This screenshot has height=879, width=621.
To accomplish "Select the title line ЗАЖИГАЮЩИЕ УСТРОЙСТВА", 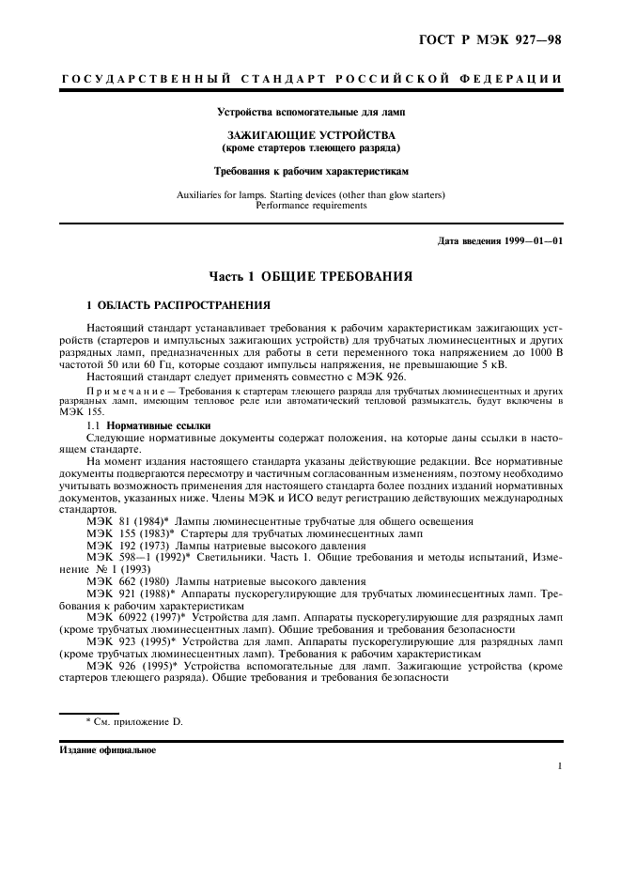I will (x=310, y=135).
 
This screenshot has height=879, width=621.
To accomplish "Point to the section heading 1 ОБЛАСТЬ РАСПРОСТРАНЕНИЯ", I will (x=179, y=305).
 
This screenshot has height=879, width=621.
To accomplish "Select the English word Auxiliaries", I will (x=201, y=194).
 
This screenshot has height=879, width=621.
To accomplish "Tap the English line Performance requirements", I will (x=310, y=205).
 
